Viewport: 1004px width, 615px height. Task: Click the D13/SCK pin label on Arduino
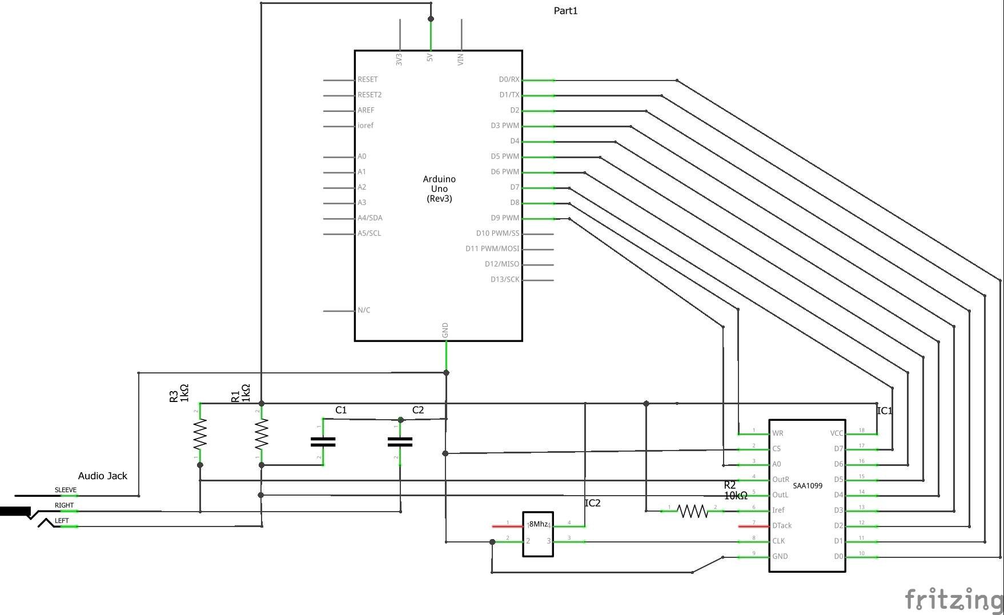tap(505, 279)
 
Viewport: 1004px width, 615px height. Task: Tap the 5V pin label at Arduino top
tap(430, 58)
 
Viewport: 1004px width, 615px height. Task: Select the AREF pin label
tap(366, 110)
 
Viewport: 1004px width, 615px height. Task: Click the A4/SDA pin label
tap(370, 218)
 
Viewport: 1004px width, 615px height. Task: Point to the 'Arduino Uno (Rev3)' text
tap(439, 189)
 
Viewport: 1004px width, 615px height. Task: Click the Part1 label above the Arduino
tap(565, 11)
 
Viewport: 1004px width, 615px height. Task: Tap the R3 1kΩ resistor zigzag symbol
tap(199, 435)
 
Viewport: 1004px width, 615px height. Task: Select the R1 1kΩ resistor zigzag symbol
tap(261, 435)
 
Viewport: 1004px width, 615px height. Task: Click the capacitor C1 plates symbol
tap(323, 442)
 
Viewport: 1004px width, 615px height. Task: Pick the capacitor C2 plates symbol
tap(400, 442)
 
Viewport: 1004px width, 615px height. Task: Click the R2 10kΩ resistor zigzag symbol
tap(692, 511)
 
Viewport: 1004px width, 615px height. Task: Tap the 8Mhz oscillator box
tap(538, 533)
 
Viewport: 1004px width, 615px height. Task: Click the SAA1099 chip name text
tap(808, 486)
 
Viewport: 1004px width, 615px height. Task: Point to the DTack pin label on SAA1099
tap(782, 525)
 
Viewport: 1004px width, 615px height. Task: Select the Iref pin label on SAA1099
tap(778, 510)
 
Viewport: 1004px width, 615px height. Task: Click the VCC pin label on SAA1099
tap(837, 433)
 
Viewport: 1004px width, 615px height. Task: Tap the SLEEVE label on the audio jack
tap(65, 490)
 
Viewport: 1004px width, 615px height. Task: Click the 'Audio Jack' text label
tap(103, 476)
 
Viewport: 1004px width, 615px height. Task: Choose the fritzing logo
tap(954, 600)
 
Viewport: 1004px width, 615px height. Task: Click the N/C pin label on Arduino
tap(364, 310)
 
